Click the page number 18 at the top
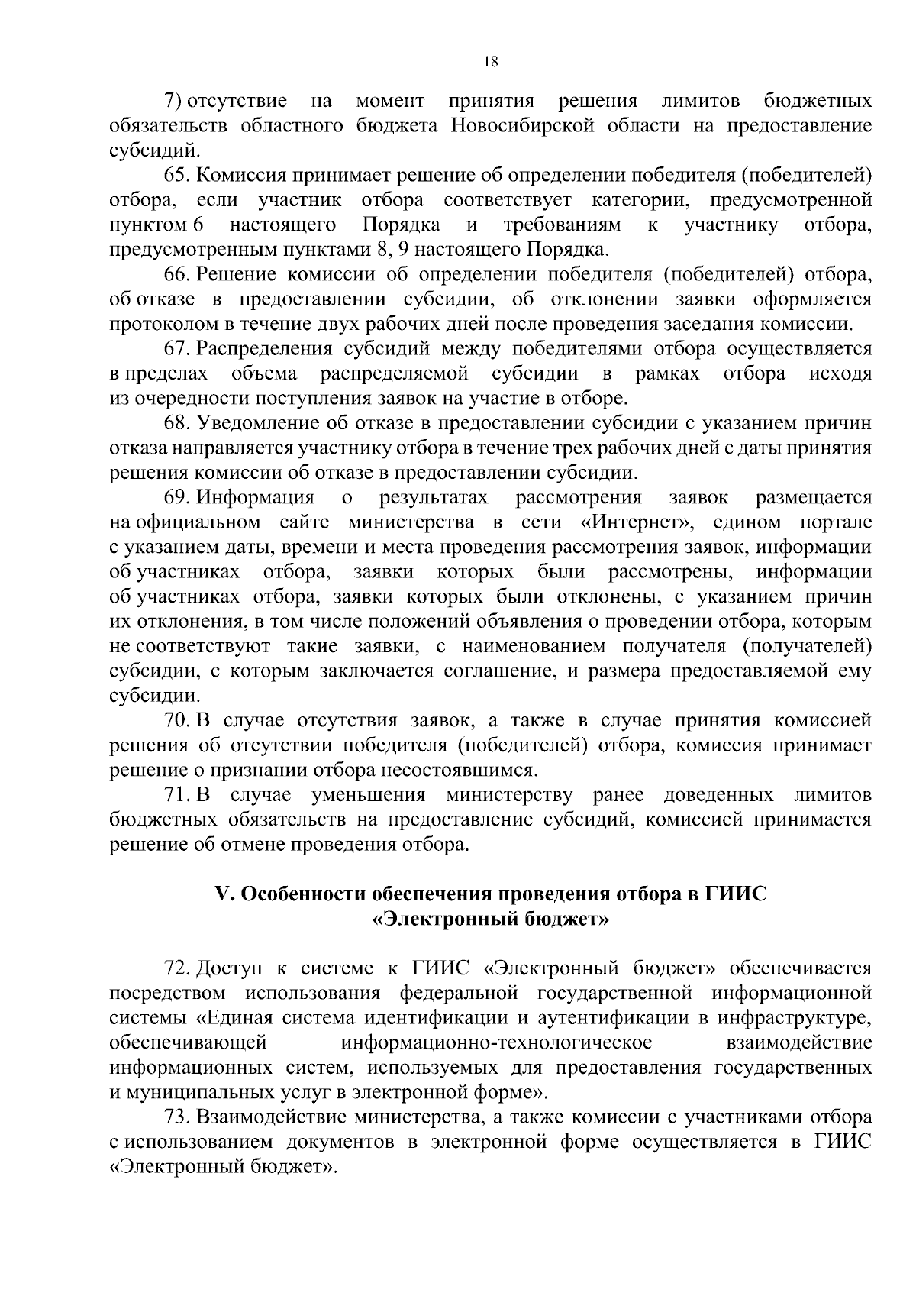click(491, 63)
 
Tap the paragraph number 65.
click(176, 175)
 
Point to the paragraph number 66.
click(176, 274)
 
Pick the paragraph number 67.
click(176, 349)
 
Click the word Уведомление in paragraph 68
click(256, 424)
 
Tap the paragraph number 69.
click(176, 498)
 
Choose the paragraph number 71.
click(176, 795)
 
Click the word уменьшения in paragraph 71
click(368, 795)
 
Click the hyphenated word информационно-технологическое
click(497, 1043)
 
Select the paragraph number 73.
click(176, 1117)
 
